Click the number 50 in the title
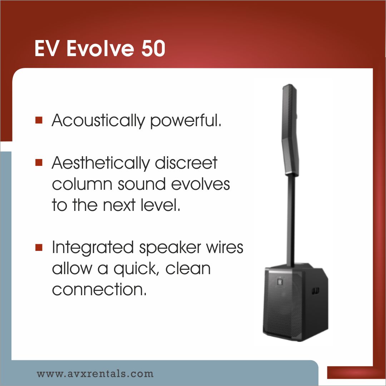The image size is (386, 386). tap(153, 48)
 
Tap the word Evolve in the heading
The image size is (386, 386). tap(100, 48)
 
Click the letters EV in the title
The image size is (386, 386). tap(46, 48)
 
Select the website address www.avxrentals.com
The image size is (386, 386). tap(95, 374)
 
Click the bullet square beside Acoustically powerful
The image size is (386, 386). tap(39, 120)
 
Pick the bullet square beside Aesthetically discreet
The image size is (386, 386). tap(39, 163)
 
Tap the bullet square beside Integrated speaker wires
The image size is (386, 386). tap(39, 247)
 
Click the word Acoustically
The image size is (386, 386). tap(98, 121)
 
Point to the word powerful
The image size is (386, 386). tap(186, 120)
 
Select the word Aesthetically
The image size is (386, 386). tap(101, 163)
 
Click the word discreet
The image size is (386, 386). tap(186, 163)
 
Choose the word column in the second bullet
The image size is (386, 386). tap(82, 184)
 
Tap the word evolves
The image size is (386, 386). tap(201, 184)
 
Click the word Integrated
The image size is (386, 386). tap(93, 248)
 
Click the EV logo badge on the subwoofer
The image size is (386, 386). tap(279, 281)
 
